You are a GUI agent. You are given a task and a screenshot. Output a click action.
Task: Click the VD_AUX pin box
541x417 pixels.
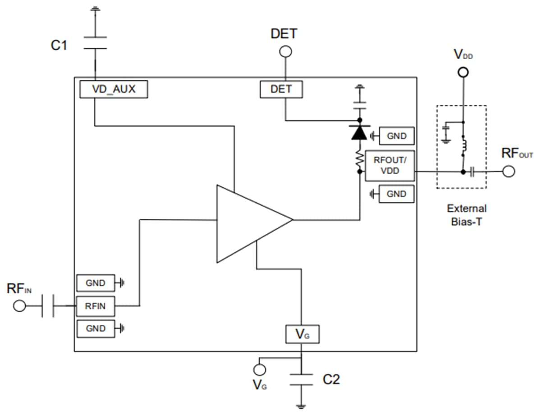point(114,89)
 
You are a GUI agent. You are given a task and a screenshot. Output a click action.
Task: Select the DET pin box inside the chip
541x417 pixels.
point(281,89)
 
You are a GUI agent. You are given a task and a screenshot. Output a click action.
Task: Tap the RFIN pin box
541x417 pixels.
point(95,306)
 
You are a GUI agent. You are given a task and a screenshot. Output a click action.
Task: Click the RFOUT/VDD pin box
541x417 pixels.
point(390,166)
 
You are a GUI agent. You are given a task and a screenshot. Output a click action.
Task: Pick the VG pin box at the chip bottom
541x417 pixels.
point(303,334)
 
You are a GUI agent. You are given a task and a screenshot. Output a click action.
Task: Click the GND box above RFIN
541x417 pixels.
point(95,283)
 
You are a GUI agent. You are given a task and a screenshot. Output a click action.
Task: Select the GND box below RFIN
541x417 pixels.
point(95,329)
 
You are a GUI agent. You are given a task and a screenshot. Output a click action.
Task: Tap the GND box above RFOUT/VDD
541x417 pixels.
point(396,135)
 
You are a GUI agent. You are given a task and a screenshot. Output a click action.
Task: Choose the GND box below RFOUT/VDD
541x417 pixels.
point(396,194)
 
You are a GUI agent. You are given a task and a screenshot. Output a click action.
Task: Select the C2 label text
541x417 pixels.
point(331,380)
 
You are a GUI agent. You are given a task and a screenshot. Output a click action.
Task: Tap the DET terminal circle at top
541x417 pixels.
point(285,52)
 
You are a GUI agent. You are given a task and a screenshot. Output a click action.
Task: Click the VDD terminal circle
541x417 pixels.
point(463,72)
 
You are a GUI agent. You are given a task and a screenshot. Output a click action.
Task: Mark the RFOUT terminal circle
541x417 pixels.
point(509,171)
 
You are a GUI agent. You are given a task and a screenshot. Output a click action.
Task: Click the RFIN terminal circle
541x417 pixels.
point(19,306)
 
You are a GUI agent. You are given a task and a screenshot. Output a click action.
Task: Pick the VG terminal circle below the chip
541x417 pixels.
point(260,370)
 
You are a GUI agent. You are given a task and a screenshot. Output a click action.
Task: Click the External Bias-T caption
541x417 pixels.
point(467,215)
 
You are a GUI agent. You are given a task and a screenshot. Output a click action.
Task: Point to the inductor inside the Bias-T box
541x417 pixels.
point(463,145)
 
